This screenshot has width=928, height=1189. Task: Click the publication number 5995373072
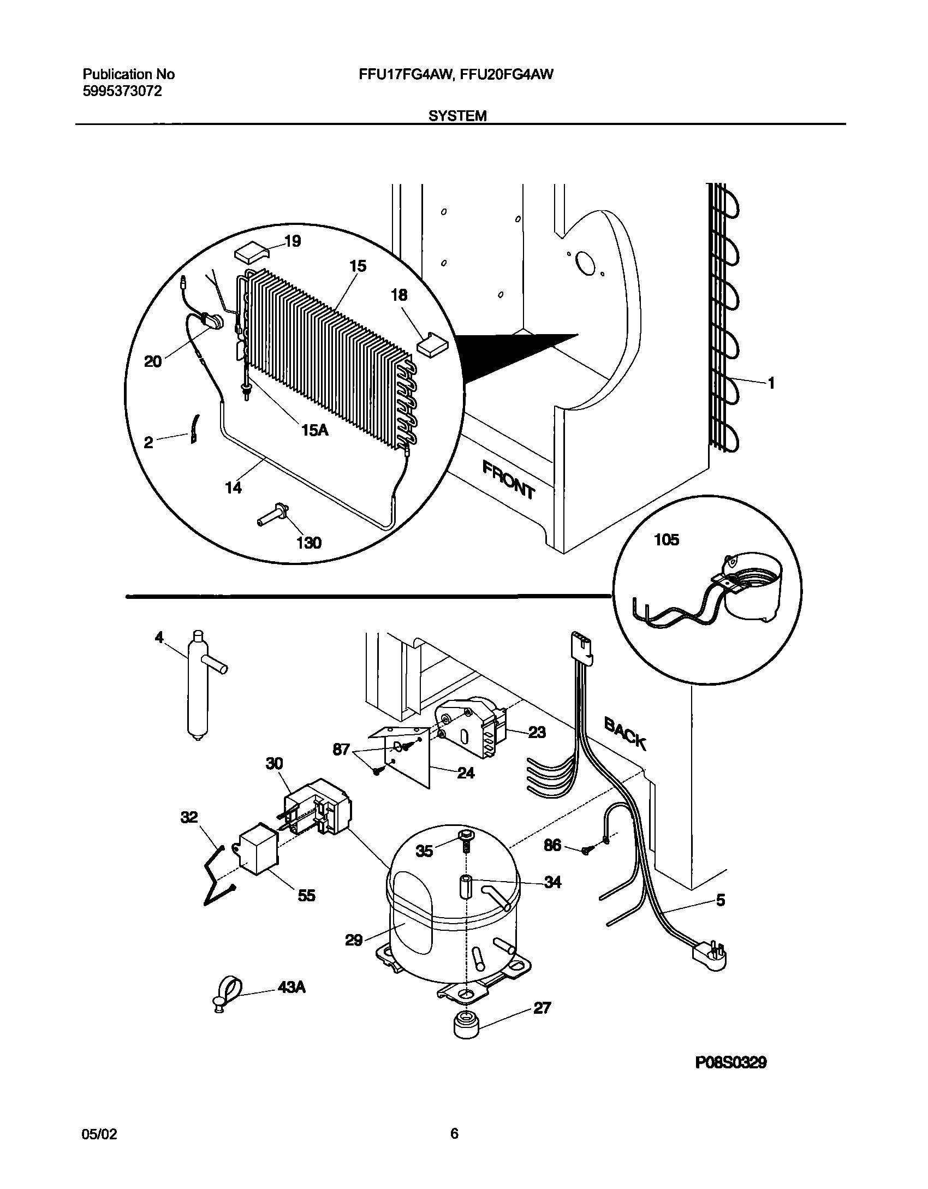(122, 92)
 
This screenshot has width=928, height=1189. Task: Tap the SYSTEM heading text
(457, 116)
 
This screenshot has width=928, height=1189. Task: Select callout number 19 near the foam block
(293, 241)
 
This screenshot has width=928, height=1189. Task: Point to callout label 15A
(314, 430)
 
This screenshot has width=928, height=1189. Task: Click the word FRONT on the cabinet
(508, 479)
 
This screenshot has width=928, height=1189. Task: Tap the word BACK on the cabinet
(626, 734)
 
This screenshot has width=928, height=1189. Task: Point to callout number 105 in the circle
(667, 540)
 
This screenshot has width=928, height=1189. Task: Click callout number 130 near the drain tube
(308, 543)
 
